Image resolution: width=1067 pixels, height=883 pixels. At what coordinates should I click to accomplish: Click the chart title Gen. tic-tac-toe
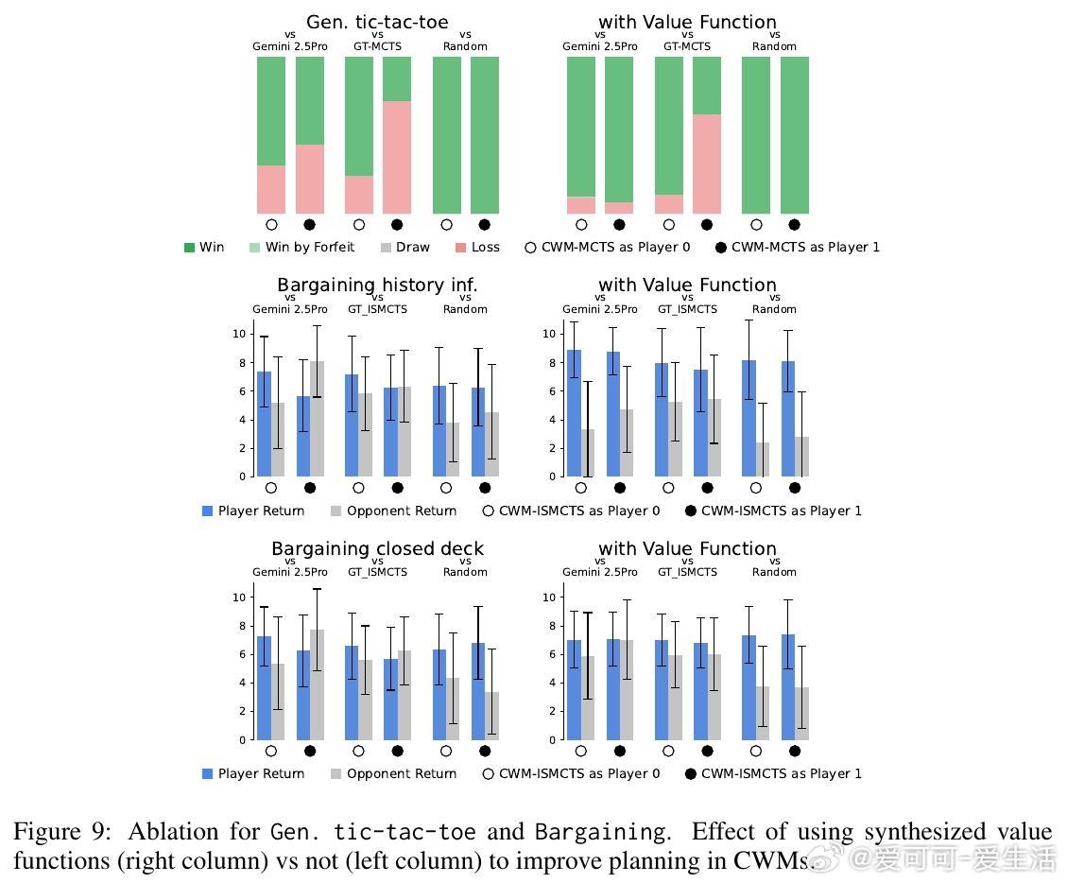pyautogui.click(x=377, y=22)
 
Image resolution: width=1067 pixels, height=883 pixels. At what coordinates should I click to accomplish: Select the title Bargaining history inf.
pyautogui.click(x=377, y=285)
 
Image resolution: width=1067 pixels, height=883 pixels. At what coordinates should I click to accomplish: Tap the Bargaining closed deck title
pyautogui.click(x=377, y=548)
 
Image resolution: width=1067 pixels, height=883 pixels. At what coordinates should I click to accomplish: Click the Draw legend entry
pyautogui.click(x=404, y=248)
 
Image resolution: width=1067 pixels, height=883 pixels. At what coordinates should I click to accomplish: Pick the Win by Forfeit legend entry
pyautogui.click(x=301, y=248)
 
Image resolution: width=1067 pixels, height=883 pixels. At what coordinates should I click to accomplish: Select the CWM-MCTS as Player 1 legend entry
pyautogui.click(x=798, y=248)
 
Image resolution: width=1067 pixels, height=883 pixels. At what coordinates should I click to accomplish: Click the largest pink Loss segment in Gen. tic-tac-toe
pyautogui.click(x=397, y=157)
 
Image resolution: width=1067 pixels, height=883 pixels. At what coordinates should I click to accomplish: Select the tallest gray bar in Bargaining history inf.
pyautogui.click(x=317, y=418)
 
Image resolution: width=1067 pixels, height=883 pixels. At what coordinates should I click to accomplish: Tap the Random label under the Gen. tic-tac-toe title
pyautogui.click(x=465, y=46)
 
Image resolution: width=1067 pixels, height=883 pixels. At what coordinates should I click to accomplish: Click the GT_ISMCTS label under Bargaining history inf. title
pyautogui.click(x=377, y=309)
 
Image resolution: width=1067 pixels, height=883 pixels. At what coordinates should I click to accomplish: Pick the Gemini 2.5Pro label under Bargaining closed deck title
pyautogui.click(x=290, y=572)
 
